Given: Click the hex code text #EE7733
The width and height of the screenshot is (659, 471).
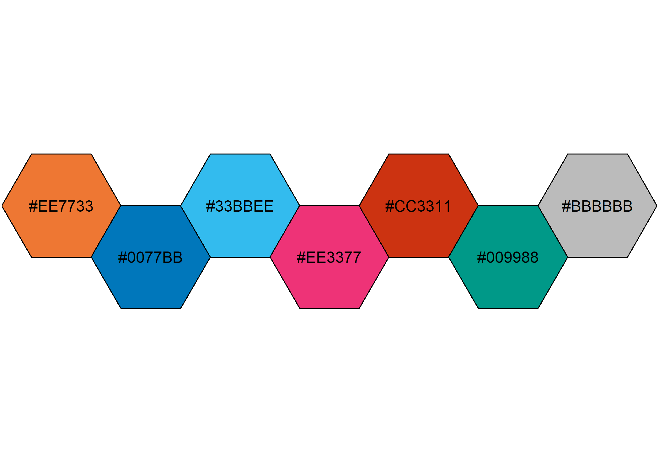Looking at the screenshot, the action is (x=61, y=206).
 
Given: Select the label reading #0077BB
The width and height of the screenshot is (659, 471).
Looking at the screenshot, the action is (x=150, y=257).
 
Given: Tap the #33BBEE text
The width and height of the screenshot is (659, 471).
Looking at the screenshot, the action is (x=240, y=206).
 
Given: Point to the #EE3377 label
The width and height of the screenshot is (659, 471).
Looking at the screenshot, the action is (x=329, y=257).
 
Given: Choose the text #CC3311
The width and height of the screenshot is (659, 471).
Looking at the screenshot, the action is (x=418, y=206).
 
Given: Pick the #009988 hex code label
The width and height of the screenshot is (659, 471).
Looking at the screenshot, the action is (x=508, y=257).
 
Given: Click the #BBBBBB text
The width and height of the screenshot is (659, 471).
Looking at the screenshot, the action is (x=597, y=206).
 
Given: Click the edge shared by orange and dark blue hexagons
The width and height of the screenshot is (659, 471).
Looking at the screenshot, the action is (x=106, y=231).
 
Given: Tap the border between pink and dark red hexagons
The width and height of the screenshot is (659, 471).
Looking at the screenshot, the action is (x=374, y=231).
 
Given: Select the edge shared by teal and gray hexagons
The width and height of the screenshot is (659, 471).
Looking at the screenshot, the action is (x=553, y=231).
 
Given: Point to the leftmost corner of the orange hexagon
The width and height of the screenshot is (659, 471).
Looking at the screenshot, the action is (x=2, y=206).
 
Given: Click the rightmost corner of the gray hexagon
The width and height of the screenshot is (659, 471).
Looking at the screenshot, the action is (x=656, y=206).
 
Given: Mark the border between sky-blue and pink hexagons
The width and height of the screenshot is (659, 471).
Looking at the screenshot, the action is (x=285, y=231).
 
